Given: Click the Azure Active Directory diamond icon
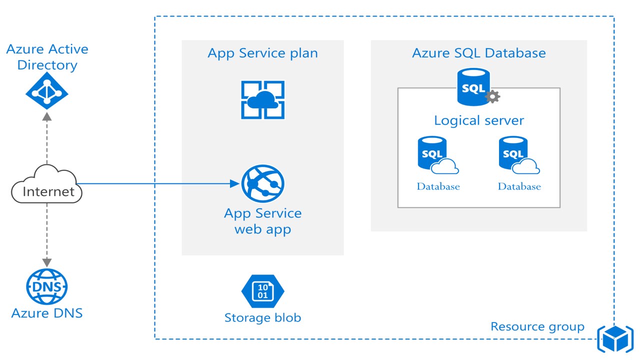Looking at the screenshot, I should [x=47, y=91].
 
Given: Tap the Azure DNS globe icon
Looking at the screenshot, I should [x=46, y=287].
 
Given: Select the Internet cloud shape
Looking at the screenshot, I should [x=47, y=185].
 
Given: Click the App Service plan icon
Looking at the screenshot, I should [x=262, y=100].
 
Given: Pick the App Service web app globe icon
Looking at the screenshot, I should [x=262, y=183].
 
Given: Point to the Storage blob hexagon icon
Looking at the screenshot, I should [x=262, y=290].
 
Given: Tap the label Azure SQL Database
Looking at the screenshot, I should [x=478, y=53].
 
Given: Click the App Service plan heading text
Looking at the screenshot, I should [x=262, y=53].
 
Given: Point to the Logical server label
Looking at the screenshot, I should [x=478, y=120].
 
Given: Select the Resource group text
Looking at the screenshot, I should [x=537, y=326].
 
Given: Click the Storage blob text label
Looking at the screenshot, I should [x=262, y=317].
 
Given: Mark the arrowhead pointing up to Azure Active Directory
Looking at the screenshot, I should [x=47, y=116].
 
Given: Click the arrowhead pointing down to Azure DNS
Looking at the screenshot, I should [x=47, y=261].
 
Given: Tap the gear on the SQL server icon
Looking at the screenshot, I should [x=493, y=96].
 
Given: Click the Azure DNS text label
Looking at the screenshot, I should [x=46, y=313].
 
